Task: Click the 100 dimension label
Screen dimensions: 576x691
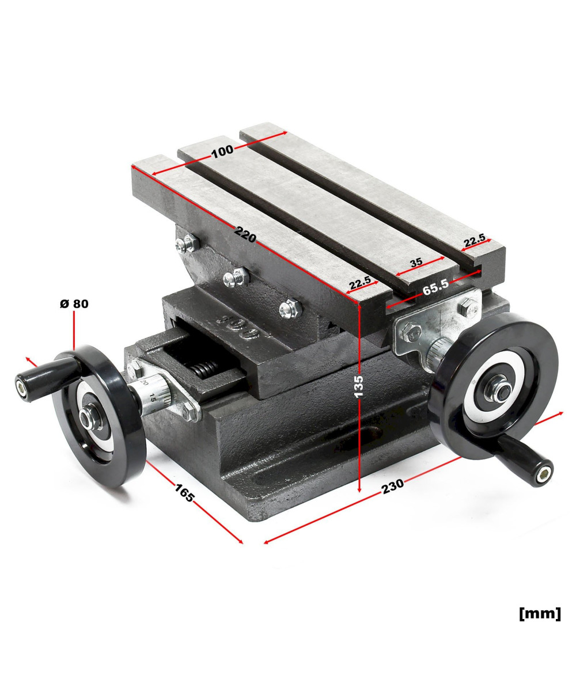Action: click(222, 151)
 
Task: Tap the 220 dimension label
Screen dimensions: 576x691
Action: click(245, 234)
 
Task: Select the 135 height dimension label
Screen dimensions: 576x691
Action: click(358, 386)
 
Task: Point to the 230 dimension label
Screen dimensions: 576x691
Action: click(393, 486)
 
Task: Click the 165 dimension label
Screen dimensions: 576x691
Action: click(184, 492)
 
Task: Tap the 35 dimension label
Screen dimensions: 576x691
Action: click(416, 262)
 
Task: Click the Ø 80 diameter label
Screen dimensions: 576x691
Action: click(74, 304)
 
